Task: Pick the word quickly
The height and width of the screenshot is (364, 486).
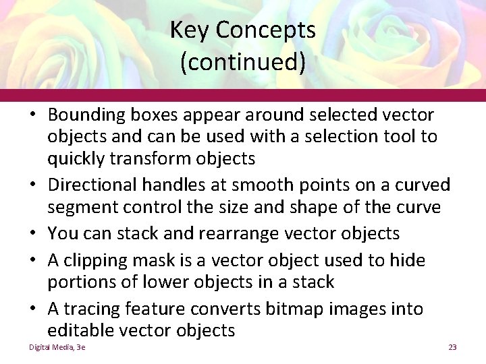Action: (x=76, y=159)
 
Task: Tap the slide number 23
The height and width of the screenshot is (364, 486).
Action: (x=452, y=347)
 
